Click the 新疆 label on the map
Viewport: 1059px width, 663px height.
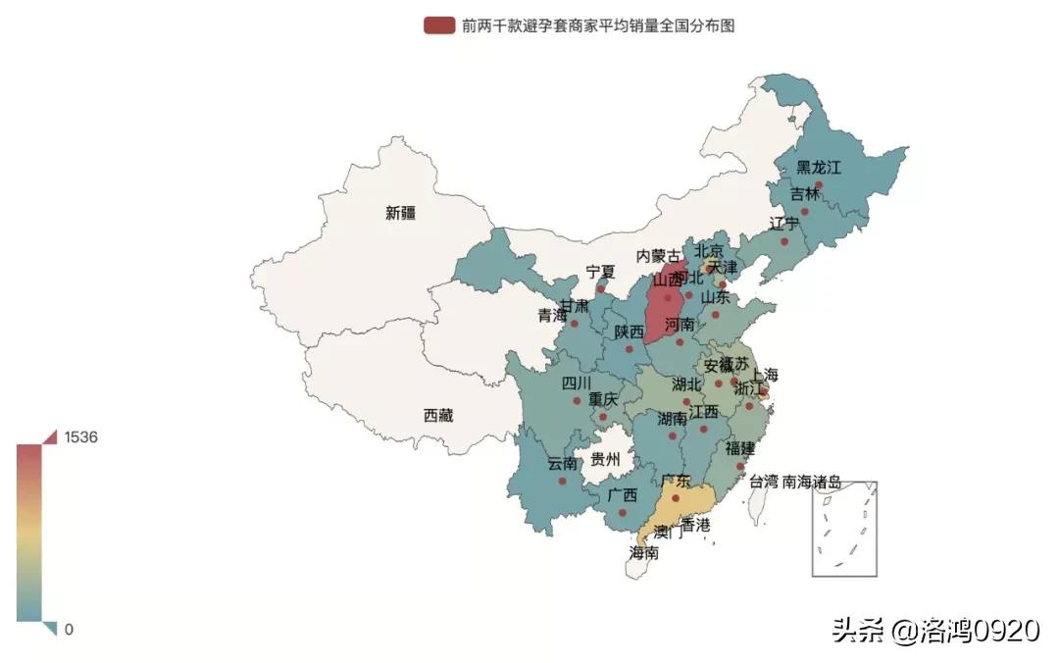click(x=400, y=213)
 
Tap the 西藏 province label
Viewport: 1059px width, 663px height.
click(x=438, y=416)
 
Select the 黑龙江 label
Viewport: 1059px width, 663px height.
click(x=818, y=168)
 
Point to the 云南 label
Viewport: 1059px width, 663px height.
click(x=562, y=464)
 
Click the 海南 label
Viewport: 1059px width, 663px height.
click(x=643, y=553)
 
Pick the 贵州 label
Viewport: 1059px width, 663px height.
click(x=605, y=459)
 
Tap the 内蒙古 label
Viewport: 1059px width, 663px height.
click(x=658, y=256)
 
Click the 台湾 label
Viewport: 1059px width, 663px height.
click(x=764, y=482)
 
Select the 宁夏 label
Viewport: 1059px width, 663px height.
click(x=600, y=272)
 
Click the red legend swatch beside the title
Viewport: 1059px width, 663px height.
click(x=438, y=25)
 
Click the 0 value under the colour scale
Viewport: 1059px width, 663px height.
click(x=69, y=630)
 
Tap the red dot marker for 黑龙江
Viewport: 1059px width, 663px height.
click(x=819, y=184)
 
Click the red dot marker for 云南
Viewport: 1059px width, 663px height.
click(x=562, y=481)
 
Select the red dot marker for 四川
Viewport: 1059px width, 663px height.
click(x=577, y=400)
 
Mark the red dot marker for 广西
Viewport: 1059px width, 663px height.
click(x=622, y=512)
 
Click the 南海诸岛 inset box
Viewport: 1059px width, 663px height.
click(x=843, y=529)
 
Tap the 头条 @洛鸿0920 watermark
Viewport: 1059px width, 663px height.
click(x=935, y=630)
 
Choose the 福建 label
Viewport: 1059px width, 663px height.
click(x=740, y=448)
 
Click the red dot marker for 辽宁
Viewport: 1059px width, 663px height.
click(x=784, y=240)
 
